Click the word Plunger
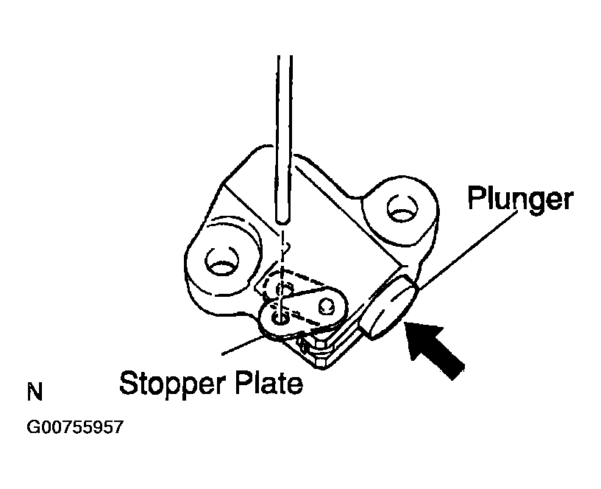(x=520, y=199)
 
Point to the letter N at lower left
(x=35, y=392)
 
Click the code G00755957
(x=75, y=427)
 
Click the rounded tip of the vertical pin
(x=283, y=220)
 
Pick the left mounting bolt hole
(x=221, y=260)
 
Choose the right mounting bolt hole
(x=402, y=209)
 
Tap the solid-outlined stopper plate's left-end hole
(x=280, y=317)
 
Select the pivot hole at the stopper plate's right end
(x=326, y=305)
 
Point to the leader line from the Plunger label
(x=467, y=249)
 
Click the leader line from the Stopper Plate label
(x=243, y=345)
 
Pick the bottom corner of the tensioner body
(x=321, y=369)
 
